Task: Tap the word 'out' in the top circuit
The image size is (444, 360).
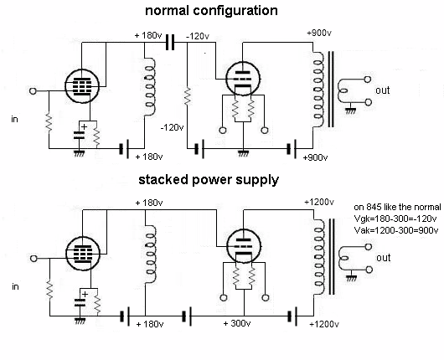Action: pyautogui.click(x=383, y=90)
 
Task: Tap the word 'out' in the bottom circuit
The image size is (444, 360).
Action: pyautogui.click(x=383, y=257)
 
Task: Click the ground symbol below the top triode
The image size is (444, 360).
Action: pyautogui.click(x=241, y=152)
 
